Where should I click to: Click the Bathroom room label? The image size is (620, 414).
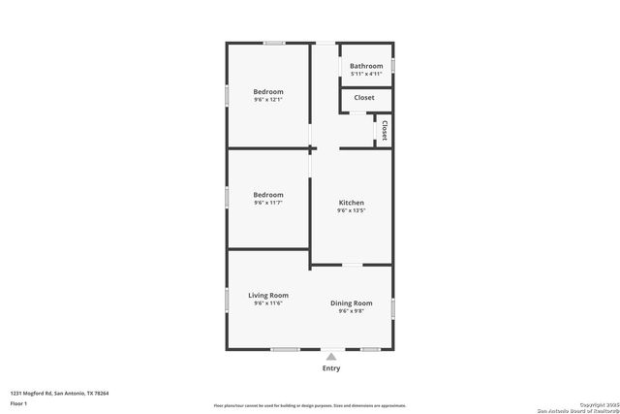(x=366, y=66)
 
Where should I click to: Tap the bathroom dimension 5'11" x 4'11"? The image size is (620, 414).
(x=366, y=74)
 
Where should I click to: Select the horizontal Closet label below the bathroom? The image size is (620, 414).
(x=364, y=98)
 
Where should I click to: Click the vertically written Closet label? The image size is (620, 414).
(x=384, y=130)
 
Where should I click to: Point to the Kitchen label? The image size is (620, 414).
(x=351, y=203)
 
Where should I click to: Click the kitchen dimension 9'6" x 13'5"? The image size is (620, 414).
(x=351, y=210)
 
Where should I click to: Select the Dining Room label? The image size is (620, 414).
(x=351, y=303)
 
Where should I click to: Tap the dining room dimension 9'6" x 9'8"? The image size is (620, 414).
(x=351, y=311)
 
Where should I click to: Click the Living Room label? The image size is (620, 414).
(x=268, y=296)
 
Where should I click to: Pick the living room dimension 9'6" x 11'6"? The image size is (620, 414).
(x=268, y=303)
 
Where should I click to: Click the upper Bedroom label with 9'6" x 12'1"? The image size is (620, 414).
(x=268, y=91)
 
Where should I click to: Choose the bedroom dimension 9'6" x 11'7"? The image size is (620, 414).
(x=268, y=203)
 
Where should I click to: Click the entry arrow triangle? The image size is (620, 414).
(x=331, y=356)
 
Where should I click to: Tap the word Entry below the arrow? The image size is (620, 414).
(x=331, y=368)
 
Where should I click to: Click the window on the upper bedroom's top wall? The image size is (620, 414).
(x=275, y=43)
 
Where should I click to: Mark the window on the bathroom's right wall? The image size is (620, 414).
(x=393, y=66)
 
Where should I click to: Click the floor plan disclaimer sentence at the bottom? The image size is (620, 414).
(x=310, y=406)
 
